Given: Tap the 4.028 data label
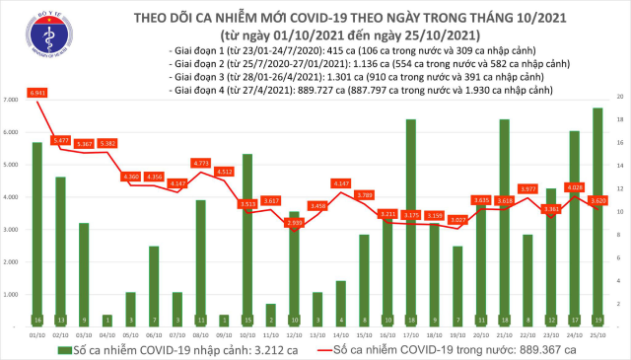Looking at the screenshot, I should [575, 186].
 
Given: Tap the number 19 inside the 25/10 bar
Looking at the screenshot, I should [598, 321].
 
